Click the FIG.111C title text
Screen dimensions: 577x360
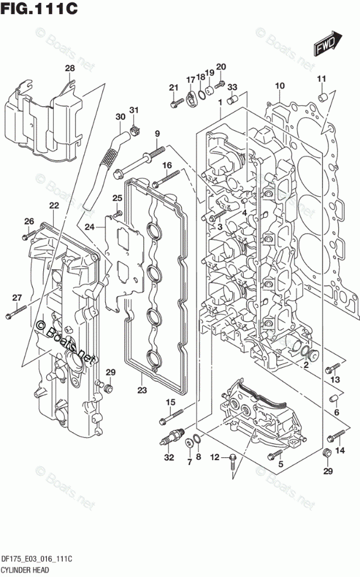(x=40, y=10)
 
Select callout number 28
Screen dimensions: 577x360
(x=70, y=69)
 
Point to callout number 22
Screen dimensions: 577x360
(x=54, y=205)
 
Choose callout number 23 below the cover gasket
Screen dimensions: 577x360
(x=141, y=391)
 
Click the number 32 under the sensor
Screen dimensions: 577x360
(x=169, y=457)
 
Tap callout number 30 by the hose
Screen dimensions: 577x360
(x=120, y=117)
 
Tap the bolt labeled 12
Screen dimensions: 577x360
(x=233, y=459)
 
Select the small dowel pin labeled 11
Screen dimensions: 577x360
(x=321, y=96)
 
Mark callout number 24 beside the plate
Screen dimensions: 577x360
(x=89, y=227)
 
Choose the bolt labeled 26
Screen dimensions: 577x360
(x=27, y=235)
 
